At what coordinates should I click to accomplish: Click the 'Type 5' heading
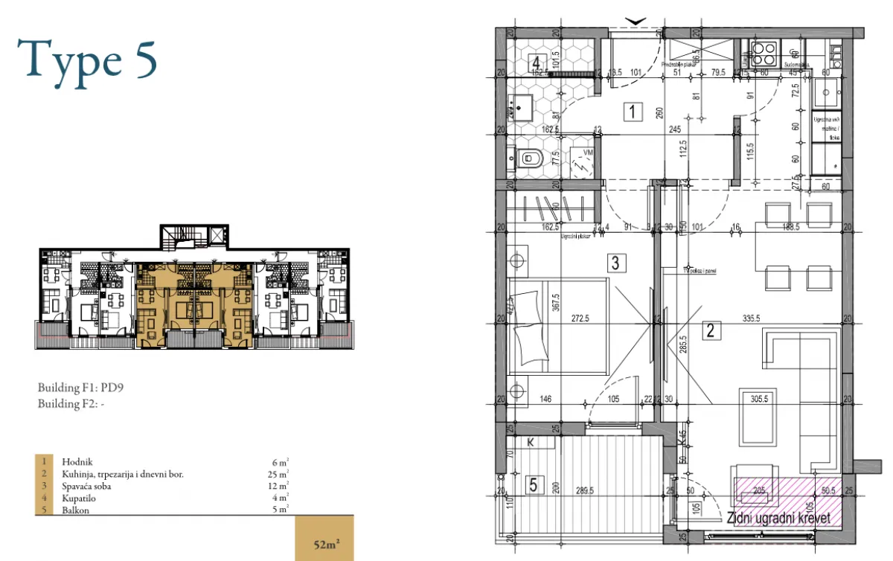pyautogui.click(x=88, y=60)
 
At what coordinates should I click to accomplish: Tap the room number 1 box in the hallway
pyautogui.click(x=632, y=113)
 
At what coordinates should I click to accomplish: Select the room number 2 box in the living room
pyautogui.click(x=711, y=331)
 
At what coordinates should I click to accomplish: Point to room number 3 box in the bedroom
pyautogui.click(x=615, y=262)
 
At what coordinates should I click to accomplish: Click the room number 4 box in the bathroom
pyautogui.click(x=536, y=63)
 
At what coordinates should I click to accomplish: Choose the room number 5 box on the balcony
pyautogui.click(x=533, y=485)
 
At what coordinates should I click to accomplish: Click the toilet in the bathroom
pyautogui.click(x=532, y=158)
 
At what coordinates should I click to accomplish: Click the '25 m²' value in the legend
pyautogui.click(x=280, y=474)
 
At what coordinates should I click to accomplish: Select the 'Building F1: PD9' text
pyautogui.click(x=78, y=388)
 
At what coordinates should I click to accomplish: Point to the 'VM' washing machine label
pyautogui.click(x=588, y=152)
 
